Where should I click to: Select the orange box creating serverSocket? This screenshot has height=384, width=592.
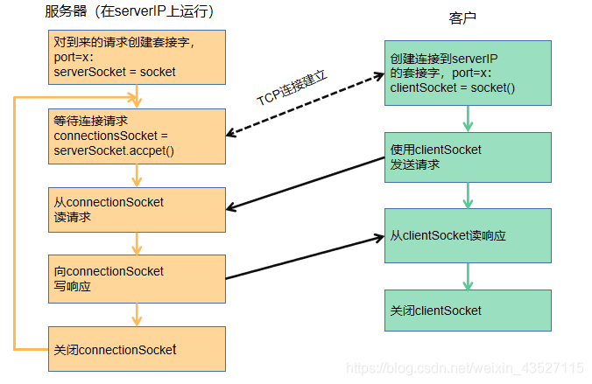pos(137,57)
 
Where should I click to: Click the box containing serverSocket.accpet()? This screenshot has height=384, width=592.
pos(137,136)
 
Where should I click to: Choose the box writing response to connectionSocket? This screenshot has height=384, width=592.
pos(137,278)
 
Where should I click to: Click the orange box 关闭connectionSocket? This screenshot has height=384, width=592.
pos(137,349)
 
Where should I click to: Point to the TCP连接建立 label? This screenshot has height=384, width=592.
pos(292,88)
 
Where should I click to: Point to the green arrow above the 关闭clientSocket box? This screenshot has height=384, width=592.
pos(468,276)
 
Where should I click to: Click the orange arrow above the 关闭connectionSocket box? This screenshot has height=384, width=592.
pos(137,314)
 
